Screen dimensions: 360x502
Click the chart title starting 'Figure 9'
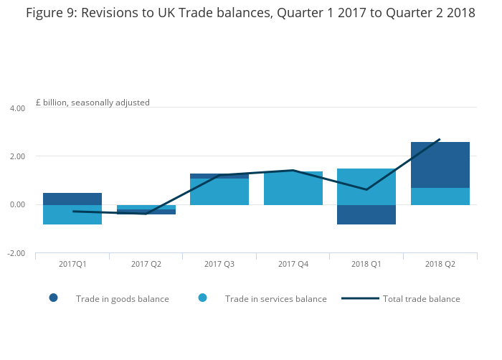point(250,13)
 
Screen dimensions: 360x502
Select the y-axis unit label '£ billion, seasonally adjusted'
point(93,103)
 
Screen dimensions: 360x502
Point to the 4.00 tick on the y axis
point(16,108)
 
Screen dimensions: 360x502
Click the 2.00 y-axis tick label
point(16,156)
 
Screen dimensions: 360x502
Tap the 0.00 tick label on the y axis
point(16,205)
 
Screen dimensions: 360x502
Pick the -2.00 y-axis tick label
point(16,253)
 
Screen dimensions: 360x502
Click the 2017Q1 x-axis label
point(72,264)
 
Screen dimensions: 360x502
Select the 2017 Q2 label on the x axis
point(146,264)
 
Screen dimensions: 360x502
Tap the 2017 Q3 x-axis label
point(219,264)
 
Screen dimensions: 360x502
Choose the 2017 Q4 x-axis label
point(293,264)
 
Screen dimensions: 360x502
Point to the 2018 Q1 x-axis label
point(366,264)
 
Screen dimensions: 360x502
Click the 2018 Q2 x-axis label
point(440,264)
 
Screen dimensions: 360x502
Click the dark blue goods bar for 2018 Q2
point(440,165)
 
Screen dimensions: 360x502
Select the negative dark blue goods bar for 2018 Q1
point(366,214)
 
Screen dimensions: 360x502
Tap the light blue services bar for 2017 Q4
point(293,189)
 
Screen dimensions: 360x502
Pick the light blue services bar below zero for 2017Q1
point(72,214)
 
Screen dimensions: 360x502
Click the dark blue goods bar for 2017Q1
point(72,199)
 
